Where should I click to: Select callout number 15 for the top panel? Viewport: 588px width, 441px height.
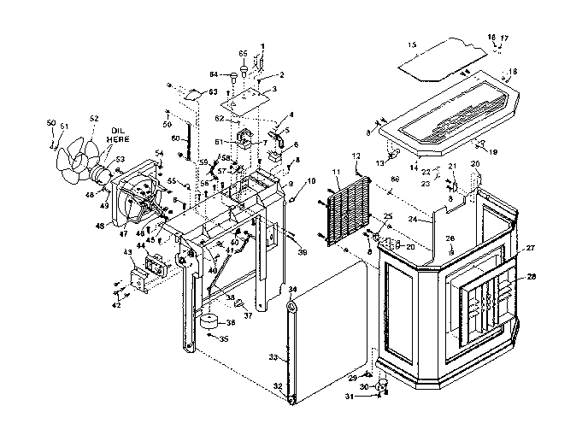[x=412, y=44]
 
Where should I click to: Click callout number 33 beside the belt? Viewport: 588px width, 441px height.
[x=273, y=356]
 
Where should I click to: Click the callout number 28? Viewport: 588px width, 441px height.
[x=532, y=275]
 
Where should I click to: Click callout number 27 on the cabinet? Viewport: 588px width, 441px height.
[x=530, y=249]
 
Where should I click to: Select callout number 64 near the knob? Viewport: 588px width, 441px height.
[x=214, y=73]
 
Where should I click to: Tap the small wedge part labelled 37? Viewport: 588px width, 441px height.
[x=240, y=303]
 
